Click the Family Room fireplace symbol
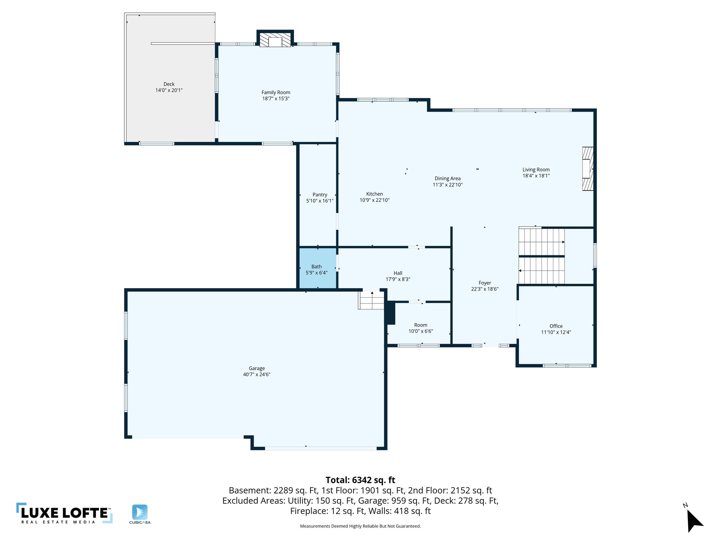275,40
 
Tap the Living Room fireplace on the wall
587,169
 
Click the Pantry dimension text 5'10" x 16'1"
320,201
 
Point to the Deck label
169,84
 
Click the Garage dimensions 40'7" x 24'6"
257,374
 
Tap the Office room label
556,326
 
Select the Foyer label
485,283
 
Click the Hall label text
398,273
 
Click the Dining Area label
447,179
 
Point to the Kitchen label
374,194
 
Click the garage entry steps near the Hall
371,300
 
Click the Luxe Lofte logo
64,513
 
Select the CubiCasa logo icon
140,512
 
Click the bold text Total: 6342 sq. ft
360,480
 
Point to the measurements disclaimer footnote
360,526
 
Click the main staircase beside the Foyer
541,256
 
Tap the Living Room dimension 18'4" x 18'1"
536,176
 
